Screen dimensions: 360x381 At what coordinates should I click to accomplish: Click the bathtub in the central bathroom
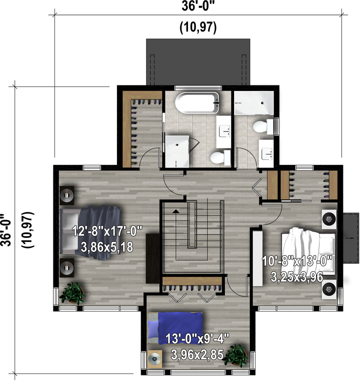197,103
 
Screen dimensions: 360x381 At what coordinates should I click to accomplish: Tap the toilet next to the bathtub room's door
220,157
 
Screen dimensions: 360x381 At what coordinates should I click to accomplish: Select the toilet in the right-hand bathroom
263,126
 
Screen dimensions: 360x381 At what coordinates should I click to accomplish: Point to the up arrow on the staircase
176,211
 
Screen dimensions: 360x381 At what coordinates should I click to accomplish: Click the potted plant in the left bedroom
72,293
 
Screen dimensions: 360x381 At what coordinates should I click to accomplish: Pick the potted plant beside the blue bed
235,355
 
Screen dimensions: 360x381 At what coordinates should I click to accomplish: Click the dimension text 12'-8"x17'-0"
107,231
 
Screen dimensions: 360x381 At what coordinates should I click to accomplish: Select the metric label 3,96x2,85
197,354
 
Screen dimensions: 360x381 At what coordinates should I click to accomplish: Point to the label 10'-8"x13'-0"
297,261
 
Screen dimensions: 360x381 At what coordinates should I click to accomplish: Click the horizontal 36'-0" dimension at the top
198,6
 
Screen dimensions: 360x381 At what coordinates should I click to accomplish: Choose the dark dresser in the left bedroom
152,258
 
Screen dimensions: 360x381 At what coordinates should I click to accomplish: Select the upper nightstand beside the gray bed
67,195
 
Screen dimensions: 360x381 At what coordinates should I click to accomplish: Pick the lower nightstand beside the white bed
329,289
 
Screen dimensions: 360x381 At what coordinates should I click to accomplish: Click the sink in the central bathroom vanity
223,131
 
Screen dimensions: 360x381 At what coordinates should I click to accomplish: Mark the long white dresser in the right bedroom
257,258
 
